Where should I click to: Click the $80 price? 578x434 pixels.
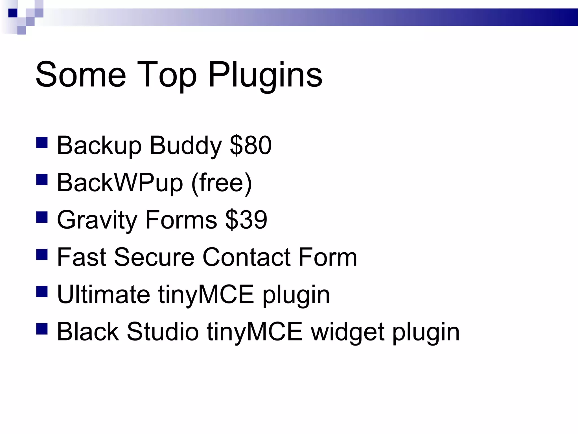[x=251, y=145]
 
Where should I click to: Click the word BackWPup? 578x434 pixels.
[x=120, y=183]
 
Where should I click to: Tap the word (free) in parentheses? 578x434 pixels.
[x=222, y=183]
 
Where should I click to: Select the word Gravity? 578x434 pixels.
[x=97, y=220]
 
